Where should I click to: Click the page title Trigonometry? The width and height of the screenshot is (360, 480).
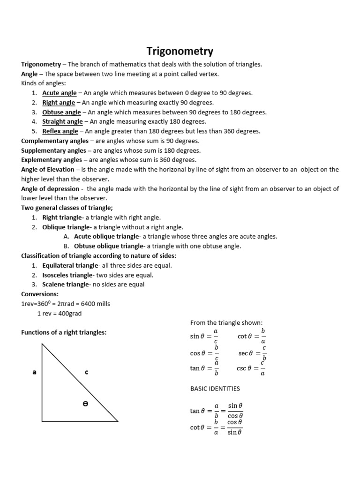click(180, 51)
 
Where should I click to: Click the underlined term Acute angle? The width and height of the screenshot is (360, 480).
click(59, 93)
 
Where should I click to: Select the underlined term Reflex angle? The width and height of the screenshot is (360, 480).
click(60, 131)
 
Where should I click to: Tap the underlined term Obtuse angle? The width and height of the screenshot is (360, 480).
click(61, 112)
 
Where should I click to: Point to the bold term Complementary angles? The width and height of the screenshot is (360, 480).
click(55, 141)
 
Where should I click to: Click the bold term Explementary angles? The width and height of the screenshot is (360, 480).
click(52, 160)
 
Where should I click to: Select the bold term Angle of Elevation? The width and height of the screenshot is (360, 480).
click(47, 170)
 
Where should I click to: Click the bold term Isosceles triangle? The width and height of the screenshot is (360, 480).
click(67, 275)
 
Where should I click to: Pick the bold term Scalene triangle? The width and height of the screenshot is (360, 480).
click(65, 285)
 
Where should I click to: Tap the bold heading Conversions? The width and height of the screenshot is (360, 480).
click(40, 294)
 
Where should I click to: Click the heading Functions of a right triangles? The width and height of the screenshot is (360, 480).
click(64, 332)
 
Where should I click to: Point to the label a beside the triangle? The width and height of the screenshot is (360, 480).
click(34, 372)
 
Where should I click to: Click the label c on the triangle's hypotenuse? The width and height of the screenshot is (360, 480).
click(86, 372)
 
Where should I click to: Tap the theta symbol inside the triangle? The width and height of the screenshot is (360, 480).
click(85, 403)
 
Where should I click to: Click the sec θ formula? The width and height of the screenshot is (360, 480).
click(252, 353)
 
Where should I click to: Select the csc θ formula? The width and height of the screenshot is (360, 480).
click(251, 368)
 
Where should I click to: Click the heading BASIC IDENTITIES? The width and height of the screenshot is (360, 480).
click(215, 389)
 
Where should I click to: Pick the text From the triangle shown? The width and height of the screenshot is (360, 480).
click(226, 322)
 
